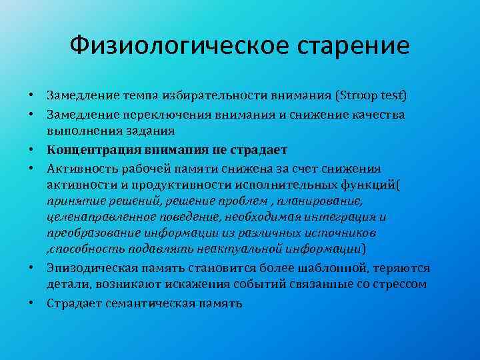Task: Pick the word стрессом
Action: click(x=401, y=285)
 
